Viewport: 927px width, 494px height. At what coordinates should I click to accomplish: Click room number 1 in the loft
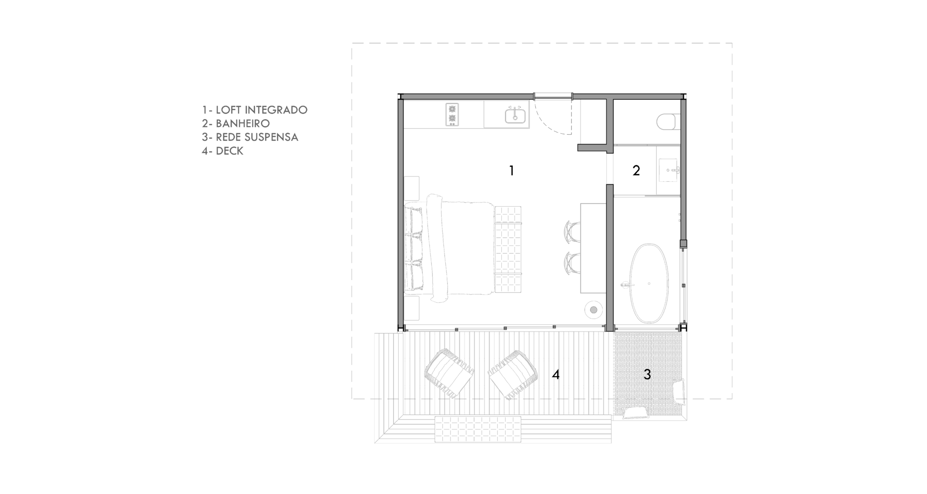tap(512, 170)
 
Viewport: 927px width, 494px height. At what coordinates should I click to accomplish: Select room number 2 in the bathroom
tap(636, 170)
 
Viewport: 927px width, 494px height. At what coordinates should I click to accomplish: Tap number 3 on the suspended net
tap(647, 374)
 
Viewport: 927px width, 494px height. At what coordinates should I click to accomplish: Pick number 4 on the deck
tap(556, 374)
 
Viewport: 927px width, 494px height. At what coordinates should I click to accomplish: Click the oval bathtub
tap(649, 283)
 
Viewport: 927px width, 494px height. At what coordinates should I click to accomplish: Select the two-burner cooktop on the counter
tap(452, 114)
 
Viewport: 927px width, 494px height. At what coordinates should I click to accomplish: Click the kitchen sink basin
tap(515, 116)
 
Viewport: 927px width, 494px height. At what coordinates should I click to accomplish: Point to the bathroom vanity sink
tap(669, 170)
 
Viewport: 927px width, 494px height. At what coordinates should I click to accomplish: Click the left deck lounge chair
tap(449, 373)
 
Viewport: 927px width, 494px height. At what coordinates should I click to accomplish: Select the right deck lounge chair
tap(513, 375)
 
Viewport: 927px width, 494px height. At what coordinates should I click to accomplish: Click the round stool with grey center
tap(594, 310)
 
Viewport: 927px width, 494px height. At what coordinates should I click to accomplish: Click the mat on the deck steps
tap(478, 429)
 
